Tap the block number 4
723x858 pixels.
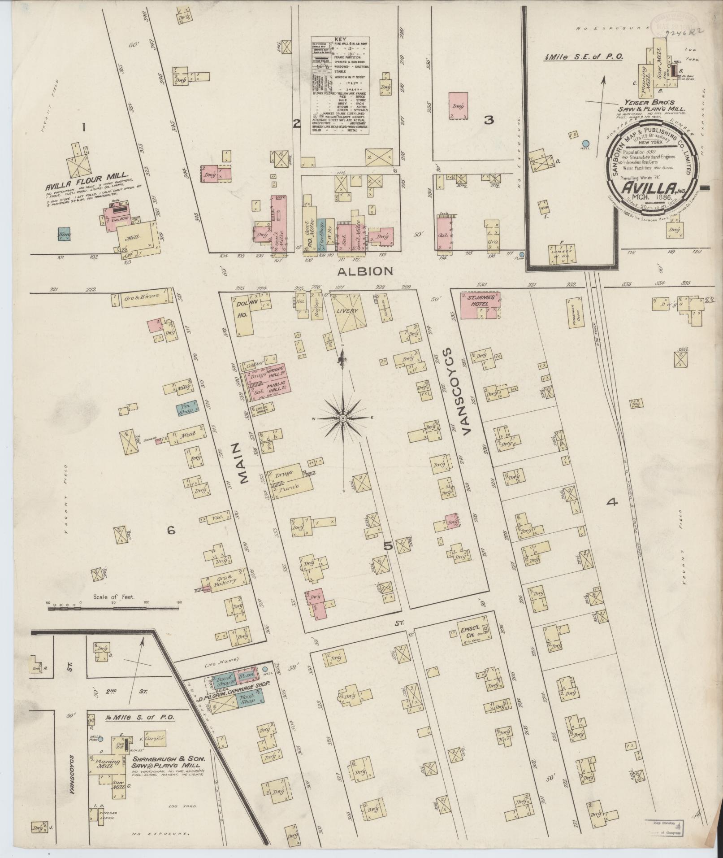click(611, 503)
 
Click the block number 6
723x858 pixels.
click(171, 531)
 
